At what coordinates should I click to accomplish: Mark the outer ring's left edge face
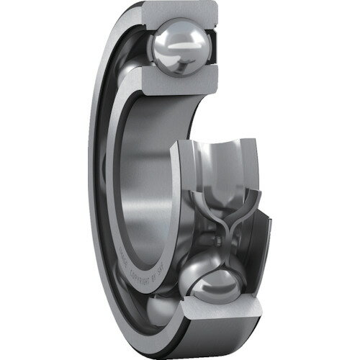coord(94,180)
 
